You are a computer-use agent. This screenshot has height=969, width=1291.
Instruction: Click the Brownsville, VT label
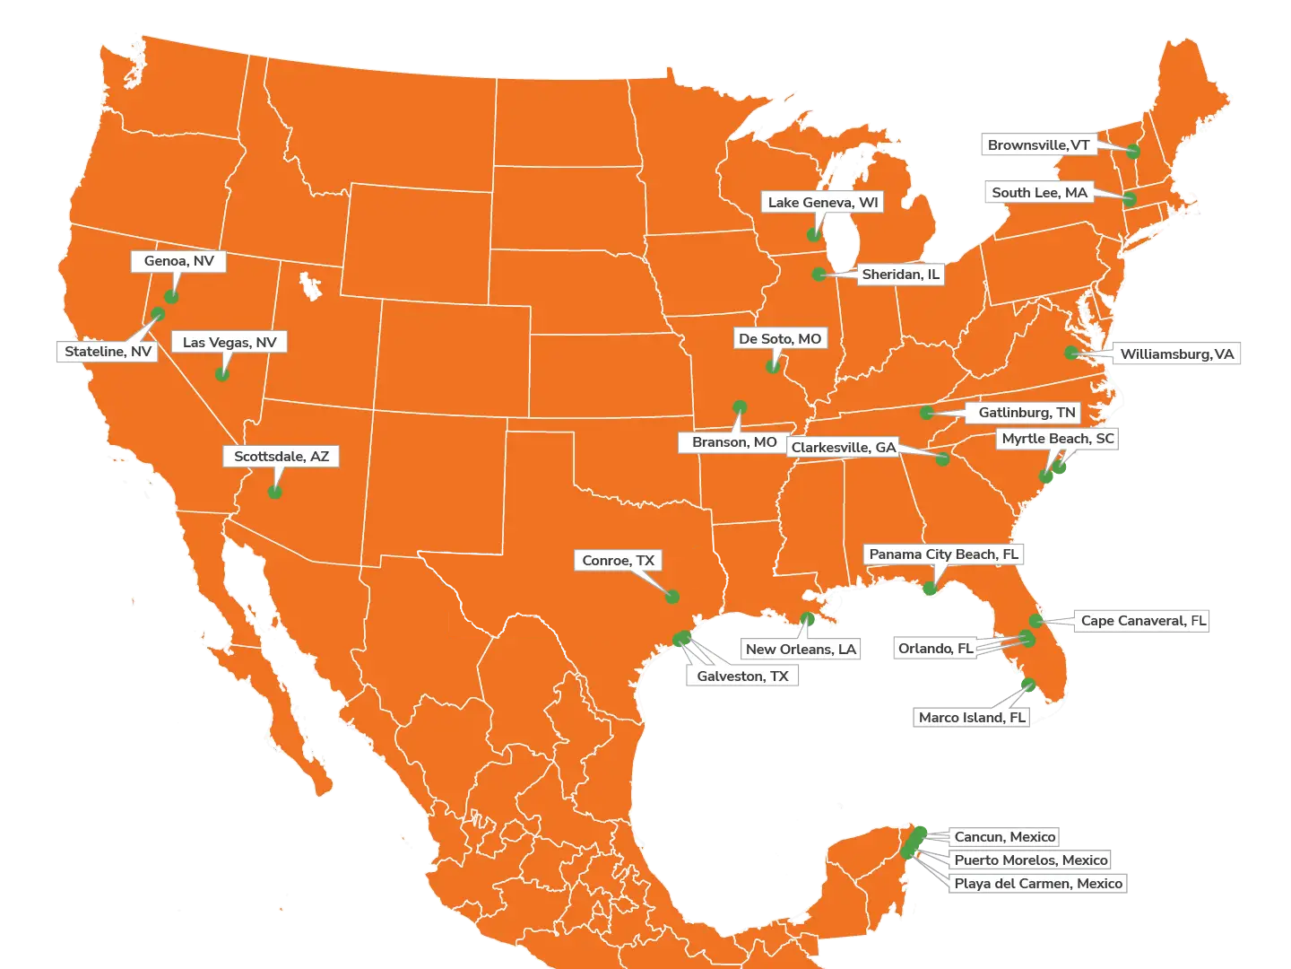coord(1038,145)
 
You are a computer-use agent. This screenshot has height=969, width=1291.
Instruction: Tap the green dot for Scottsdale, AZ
coord(275,492)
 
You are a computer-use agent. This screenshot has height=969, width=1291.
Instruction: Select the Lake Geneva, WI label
coord(822,203)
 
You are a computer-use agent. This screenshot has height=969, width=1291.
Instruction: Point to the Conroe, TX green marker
coord(672,597)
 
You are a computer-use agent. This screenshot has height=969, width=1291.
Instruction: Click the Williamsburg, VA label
coord(1176,354)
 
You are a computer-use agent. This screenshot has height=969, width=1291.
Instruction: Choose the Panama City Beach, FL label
coord(943,554)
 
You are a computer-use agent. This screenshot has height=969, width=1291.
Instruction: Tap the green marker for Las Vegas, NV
coord(222,374)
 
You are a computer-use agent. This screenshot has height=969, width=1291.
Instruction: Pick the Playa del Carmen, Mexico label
coord(1037,884)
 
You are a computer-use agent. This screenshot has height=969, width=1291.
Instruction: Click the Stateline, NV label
coord(108,352)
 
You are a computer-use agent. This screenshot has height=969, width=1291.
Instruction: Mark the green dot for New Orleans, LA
coord(807,618)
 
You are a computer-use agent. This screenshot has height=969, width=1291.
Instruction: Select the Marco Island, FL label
coord(971,718)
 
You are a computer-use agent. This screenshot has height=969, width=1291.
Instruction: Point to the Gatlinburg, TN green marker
coord(927,413)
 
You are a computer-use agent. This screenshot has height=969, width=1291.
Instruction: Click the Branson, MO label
coord(733,442)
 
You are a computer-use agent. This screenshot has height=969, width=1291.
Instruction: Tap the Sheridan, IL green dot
coord(819,274)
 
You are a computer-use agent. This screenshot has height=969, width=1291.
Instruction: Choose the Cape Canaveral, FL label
coord(1143,621)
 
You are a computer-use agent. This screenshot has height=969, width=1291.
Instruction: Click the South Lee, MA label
coord(1039,193)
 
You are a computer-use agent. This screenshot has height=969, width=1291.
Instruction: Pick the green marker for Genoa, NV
coord(171,296)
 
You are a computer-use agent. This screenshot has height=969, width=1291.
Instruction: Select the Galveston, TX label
coord(742,677)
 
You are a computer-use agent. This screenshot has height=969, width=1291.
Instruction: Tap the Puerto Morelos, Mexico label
coord(1030,860)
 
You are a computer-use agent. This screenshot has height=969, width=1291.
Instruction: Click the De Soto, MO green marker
coord(773,366)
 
